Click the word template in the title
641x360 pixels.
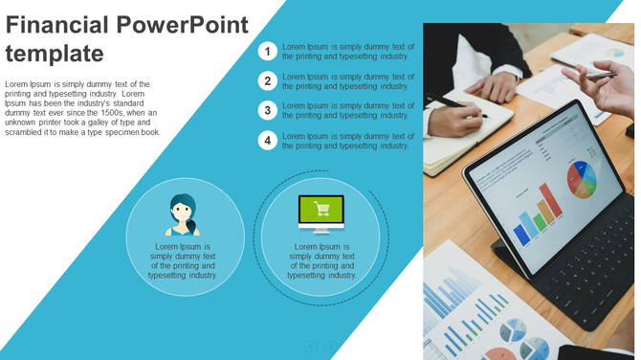tap(54, 53)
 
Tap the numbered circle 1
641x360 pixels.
tap(268, 51)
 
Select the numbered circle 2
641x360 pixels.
tap(268, 80)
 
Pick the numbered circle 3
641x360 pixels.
tap(268, 110)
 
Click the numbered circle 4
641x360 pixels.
tap(268, 141)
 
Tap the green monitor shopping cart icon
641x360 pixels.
tap(320, 213)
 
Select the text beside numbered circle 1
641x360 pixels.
tap(348, 51)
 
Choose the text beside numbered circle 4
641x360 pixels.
tap(348, 141)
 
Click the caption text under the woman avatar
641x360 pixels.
tap(183, 260)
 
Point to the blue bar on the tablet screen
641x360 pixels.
tap(522, 234)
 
